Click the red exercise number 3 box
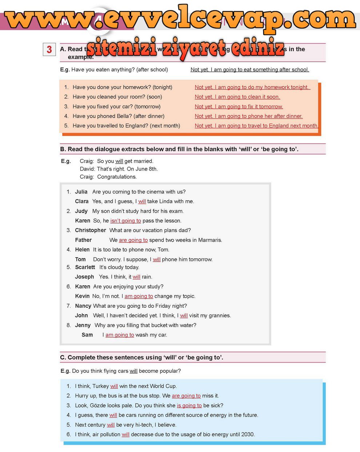click(49, 49)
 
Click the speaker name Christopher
click(91, 230)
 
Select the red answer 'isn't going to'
click(125, 221)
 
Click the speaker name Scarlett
click(85, 267)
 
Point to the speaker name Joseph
click(84, 277)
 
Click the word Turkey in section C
click(101, 386)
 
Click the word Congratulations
click(117, 177)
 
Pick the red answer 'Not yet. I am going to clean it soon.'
click(237, 97)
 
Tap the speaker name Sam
click(87, 335)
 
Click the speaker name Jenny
click(83, 325)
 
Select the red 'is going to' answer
click(189, 405)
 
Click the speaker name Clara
click(82, 201)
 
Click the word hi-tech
click(144, 425)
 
